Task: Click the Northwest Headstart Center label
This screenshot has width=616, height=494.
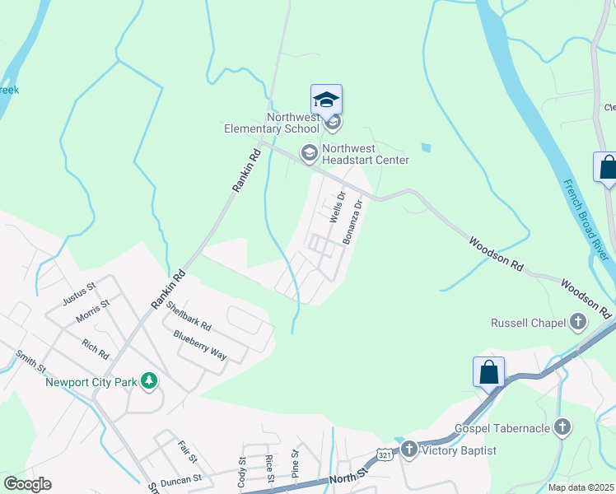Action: tap(365, 154)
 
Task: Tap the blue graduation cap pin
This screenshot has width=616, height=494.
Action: tap(326, 100)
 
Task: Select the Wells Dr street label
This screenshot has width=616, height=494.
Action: tap(335, 207)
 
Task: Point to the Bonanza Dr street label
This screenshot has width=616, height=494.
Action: tap(352, 221)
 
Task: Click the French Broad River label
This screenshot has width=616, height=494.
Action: tap(586, 220)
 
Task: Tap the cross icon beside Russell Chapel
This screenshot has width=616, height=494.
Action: tap(579, 322)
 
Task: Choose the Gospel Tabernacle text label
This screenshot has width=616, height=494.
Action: tap(502, 429)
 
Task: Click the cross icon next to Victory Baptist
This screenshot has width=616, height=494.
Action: tap(409, 450)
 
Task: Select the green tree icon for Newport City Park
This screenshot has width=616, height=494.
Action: tap(149, 381)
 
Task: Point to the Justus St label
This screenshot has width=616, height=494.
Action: tap(79, 290)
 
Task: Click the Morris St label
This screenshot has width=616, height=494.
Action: tap(92, 310)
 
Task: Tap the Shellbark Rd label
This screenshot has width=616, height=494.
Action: tap(189, 315)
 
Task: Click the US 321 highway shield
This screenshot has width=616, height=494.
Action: tap(385, 454)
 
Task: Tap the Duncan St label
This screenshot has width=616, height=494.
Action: tap(181, 478)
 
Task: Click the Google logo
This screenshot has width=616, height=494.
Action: tap(27, 484)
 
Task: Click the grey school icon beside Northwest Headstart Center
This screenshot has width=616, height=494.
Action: tap(309, 152)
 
